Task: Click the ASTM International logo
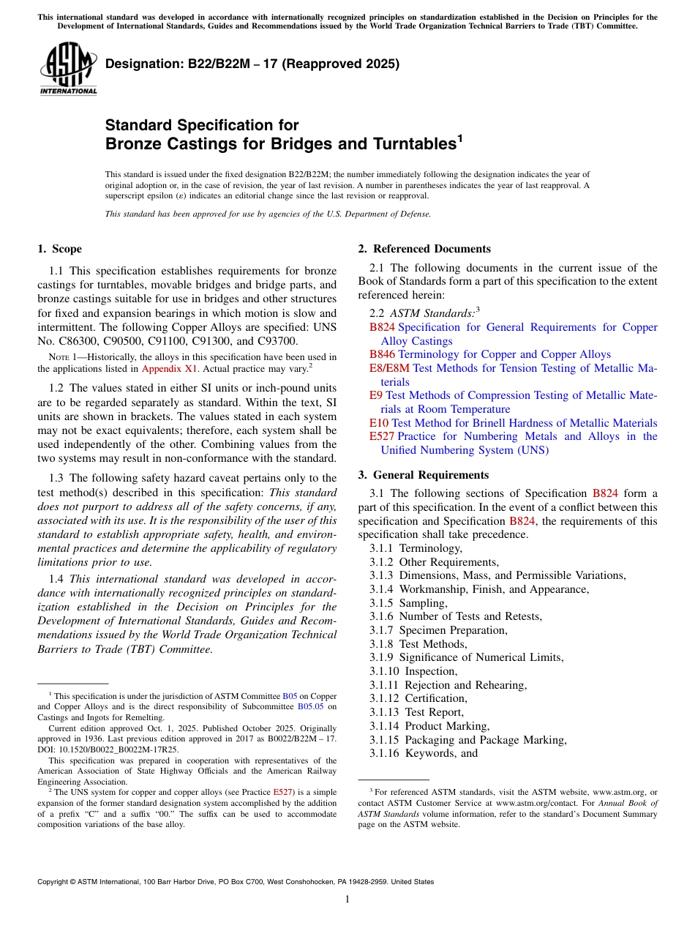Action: (x=68, y=70)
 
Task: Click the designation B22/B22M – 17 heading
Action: (x=252, y=64)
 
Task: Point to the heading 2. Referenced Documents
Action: (x=424, y=249)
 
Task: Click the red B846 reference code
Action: (x=382, y=354)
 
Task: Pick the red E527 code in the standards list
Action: (x=382, y=436)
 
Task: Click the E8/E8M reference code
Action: (x=389, y=368)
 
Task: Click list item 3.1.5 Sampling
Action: (x=408, y=603)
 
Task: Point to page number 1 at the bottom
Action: (x=347, y=900)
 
